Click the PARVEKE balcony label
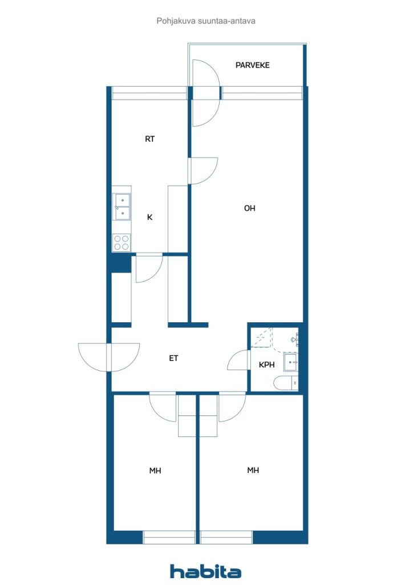tap(252, 65)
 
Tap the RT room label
tap(149, 139)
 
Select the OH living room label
tap(249, 208)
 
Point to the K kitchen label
tap(149, 217)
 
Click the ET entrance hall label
tap(173, 358)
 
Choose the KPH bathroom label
tap(266, 364)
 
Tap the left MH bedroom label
tap(155, 471)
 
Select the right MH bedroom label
tap(253, 471)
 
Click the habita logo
tap(205, 571)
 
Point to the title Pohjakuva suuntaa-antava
tap(206, 21)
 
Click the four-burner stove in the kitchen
tap(122, 242)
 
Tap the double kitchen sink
tap(122, 207)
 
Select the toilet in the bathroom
tap(286, 383)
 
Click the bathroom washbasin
tap(290, 362)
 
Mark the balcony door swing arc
tap(206, 93)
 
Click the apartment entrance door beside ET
tap(109, 358)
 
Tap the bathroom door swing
tap(238, 360)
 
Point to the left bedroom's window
tap(169, 537)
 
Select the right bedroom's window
tap(226, 537)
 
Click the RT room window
tap(149, 93)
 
